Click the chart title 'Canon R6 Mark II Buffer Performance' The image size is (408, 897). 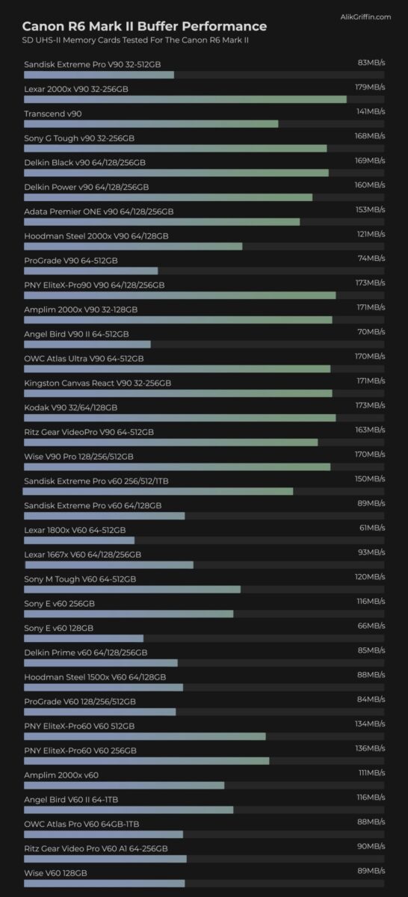pyautogui.click(x=144, y=26)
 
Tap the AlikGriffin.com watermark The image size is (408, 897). pyautogui.click(x=365, y=16)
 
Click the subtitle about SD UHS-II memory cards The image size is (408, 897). pyautogui.click(x=135, y=40)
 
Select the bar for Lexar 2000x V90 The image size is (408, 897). pyautogui.click(x=185, y=99)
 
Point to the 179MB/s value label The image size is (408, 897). pyautogui.click(x=370, y=87)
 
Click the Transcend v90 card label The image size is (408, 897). pyautogui.click(x=53, y=114)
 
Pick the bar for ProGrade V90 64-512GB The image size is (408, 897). pyautogui.click(x=91, y=271)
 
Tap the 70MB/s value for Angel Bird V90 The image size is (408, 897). pyautogui.click(x=371, y=332)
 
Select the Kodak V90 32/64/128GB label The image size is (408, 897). pyautogui.click(x=71, y=407)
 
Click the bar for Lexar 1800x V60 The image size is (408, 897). pyautogui.click(x=79, y=540)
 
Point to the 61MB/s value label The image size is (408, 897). pyautogui.click(x=372, y=528)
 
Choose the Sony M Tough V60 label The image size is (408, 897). pyautogui.click(x=80, y=579)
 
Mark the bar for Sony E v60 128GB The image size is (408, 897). pyautogui.click(x=84, y=638)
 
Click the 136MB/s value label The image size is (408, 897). pyautogui.click(x=371, y=748)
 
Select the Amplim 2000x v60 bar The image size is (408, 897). pyautogui.click(x=124, y=786)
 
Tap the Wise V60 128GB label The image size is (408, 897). pyautogui.click(x=55, y=873)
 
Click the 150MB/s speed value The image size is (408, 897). pyautogui.click(x=370, y=478)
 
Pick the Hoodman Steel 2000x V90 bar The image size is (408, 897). pyautogui.click(x=133, y=246)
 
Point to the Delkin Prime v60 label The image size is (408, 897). pyautogui.click(x=86, y=653)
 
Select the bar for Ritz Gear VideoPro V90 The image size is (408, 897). pyautogui.click(x=171, y=442)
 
